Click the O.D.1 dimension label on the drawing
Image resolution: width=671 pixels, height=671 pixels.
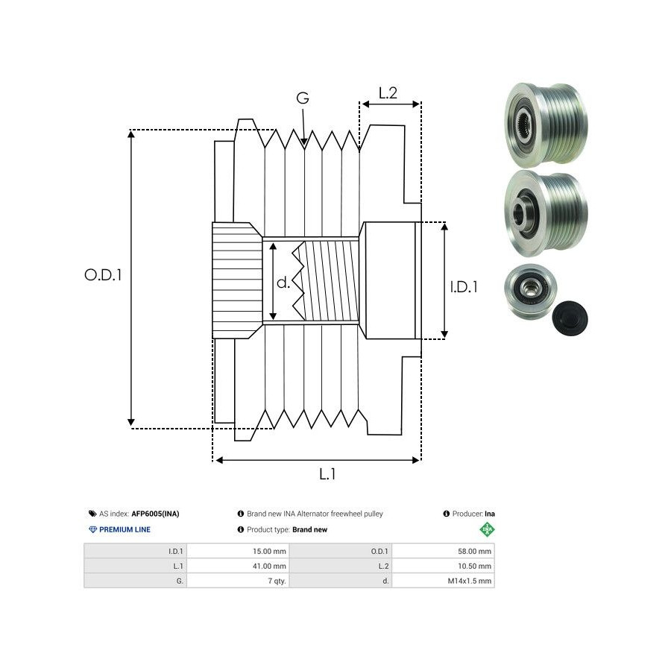point(103,274)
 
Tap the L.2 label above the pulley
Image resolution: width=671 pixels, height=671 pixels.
point(387,93)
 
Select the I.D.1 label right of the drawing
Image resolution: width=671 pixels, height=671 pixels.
point(464,286)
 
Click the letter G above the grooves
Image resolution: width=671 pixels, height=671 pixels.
point(303,98)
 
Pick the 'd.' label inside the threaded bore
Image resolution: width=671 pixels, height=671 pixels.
point(283,283)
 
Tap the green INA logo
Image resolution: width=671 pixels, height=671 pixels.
point(488,529)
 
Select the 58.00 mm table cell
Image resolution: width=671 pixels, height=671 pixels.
point(474,552)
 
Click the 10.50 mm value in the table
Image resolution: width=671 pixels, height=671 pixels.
point(474,566)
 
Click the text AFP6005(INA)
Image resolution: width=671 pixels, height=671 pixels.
point(155,514)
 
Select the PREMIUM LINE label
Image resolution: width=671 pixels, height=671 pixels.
point(125,529)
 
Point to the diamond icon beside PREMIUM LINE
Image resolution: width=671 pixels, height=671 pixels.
point(92,529)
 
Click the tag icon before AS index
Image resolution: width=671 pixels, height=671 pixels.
point(92,514)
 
